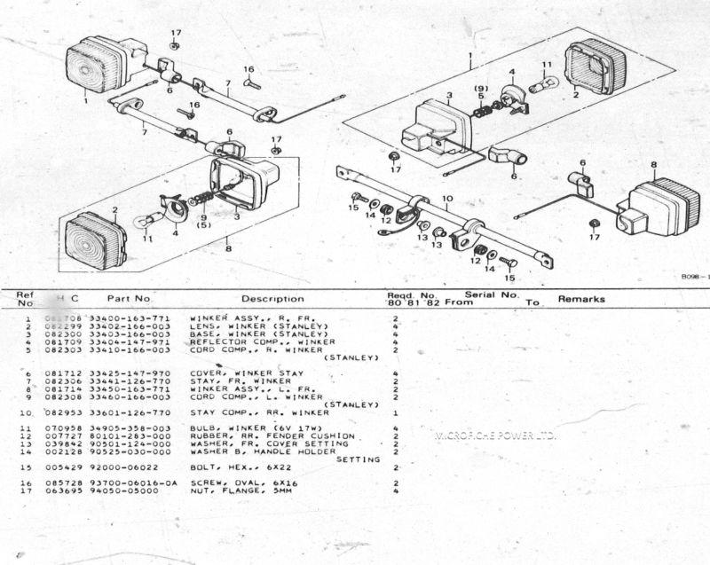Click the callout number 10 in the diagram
click(x=447, y=199)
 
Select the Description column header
click(x=272, y=299)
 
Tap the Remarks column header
click(x=581, y=300)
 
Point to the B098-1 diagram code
click(x=694, y=277)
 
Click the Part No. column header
click(x=130, y=299)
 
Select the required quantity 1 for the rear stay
click(x=394, y=413)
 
